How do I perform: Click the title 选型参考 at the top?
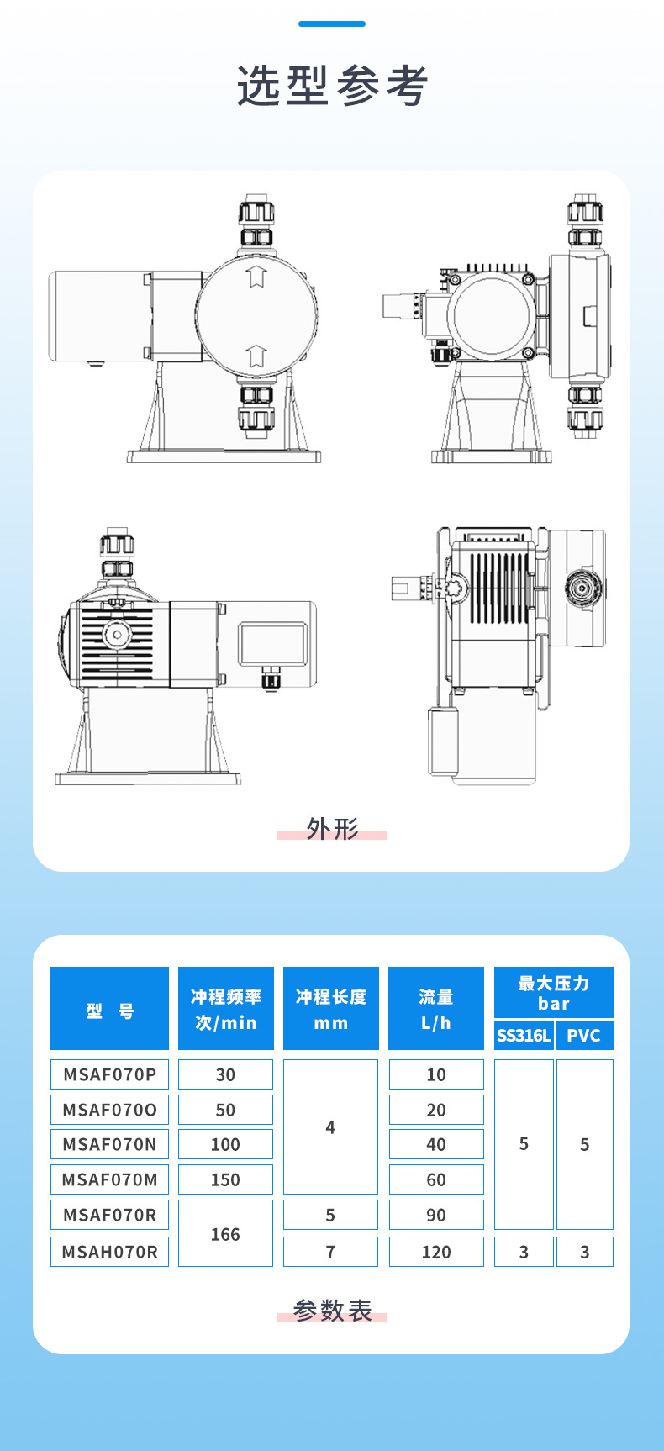[332, 86]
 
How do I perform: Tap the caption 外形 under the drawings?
[332, 829]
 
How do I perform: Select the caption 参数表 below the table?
[332, 1311]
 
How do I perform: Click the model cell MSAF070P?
[109, 1074]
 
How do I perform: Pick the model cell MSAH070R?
[109, 1252]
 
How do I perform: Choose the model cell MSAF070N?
[109, 1144]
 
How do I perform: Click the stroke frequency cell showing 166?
[225, 1233]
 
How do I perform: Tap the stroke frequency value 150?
[225, 1179]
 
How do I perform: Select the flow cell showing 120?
[436, 1252]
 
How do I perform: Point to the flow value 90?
[436, 1215]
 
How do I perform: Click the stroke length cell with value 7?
[330, 1252]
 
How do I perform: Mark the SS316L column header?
[524, 1035]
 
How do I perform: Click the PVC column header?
[584, 1035]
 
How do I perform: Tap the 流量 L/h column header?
[436, 1009]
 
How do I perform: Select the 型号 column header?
[109, 1009]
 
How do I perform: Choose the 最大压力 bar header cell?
[553, 993]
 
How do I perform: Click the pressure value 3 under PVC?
[584, 1252]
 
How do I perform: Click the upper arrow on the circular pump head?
[256, 277]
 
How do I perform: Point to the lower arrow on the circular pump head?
[256, 356]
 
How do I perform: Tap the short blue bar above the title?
[332, 24]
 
